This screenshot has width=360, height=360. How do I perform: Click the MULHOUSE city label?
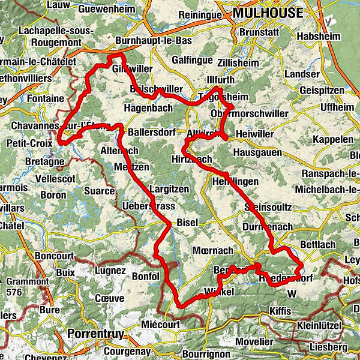[x=269, y=13]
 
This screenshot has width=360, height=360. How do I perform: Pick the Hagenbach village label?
[x=148, y=108]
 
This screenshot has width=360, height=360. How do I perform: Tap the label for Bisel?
[x=187, y=223]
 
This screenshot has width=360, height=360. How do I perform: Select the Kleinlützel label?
[x=319, y=326]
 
